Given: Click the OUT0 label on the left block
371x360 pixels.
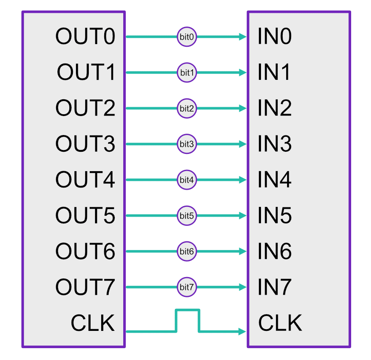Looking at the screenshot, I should click(85, 37).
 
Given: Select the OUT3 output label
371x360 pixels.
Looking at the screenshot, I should click(85, 144).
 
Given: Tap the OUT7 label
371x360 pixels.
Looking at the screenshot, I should click(85, 287).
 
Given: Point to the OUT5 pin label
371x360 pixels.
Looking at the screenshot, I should click(85, 216).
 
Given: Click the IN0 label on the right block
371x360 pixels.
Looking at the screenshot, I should click(274, 37).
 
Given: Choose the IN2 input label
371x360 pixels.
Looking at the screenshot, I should click(274, 108).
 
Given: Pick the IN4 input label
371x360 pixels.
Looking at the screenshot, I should click(274, 180).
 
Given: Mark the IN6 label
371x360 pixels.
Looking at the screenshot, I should click(274, 251).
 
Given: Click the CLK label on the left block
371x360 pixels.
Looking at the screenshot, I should click(93, 323).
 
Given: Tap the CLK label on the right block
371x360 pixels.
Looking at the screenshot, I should click(280, 323).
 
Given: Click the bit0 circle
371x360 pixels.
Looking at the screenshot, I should click(187, 37).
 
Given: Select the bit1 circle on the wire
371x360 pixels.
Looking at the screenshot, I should click(187, 73).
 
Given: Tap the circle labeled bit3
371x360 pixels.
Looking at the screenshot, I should click(187, 144).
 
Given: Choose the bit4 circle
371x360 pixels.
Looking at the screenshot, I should click(187, 180).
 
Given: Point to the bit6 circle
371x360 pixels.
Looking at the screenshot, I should click(187, 251).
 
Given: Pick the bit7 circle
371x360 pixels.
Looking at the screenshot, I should click(187, 287).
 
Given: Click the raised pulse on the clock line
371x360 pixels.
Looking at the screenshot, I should click(188, 311).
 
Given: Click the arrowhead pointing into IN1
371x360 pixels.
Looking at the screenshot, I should click(242, 73).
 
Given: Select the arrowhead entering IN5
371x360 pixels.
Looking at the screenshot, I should click(242, 216).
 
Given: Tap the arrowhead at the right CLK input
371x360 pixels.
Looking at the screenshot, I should click(242, 331).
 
